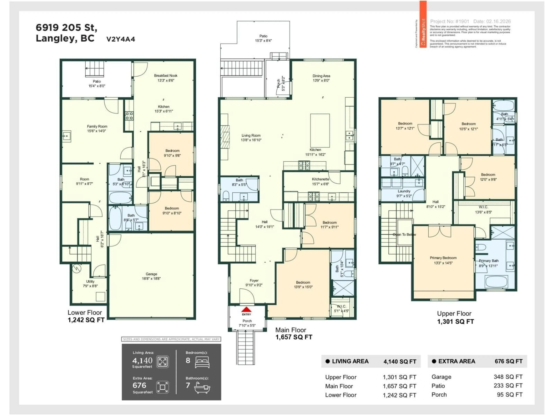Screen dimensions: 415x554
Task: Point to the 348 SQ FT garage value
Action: (x=508, y=377)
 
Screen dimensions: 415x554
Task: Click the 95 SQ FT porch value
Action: (x=509, y=395)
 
